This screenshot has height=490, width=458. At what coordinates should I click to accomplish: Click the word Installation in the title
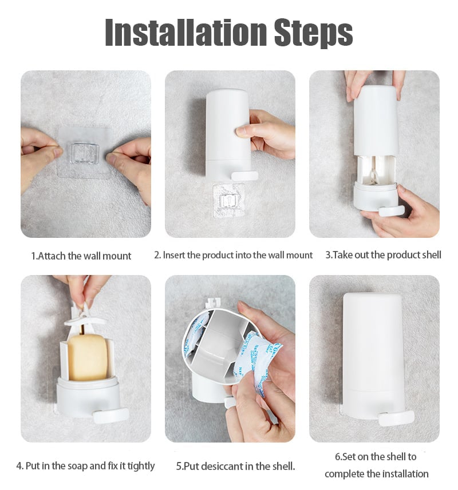186,32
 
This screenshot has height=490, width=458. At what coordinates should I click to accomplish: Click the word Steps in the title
314,33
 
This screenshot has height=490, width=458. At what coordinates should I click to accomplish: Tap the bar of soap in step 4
88,357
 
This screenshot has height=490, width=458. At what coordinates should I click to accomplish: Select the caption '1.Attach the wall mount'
81,256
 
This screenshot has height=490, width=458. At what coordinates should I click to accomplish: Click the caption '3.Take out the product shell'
383,255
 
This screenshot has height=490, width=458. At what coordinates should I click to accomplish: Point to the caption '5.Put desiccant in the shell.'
235,466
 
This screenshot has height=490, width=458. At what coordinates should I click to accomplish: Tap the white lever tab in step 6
396,418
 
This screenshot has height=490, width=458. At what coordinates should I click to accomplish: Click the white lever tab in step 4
110,415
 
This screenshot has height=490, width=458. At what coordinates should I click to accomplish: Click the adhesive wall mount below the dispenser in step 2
228,200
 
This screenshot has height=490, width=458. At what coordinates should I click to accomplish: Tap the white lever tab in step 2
244,176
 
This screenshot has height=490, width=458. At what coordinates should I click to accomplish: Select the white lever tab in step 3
392,210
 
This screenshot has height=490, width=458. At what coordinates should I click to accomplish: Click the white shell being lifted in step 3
376,121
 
